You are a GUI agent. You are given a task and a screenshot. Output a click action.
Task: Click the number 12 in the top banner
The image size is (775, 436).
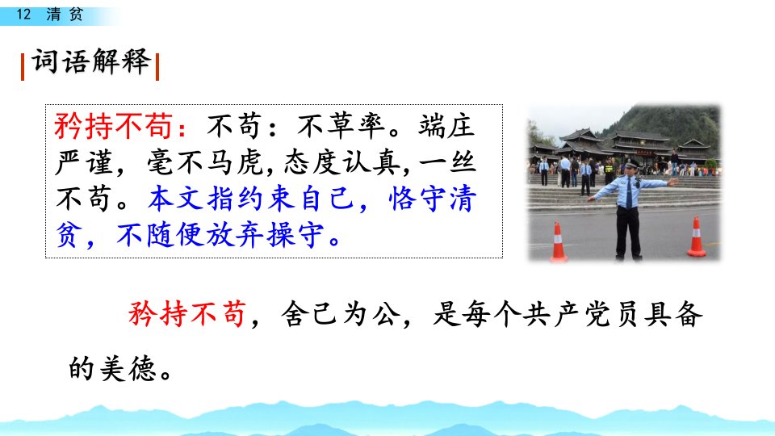pos(23,14)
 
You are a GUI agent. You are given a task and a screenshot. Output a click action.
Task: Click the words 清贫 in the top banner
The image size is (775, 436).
pos(65,14)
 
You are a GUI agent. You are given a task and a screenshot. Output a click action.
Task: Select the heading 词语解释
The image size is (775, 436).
pos(91,62)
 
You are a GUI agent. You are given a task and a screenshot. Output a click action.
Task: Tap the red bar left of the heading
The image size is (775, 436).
pos(23,67)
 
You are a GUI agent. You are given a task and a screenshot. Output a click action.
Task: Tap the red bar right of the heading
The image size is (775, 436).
pos(157,67)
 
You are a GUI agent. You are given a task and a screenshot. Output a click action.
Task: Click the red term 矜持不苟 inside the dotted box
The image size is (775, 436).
pos(113,126)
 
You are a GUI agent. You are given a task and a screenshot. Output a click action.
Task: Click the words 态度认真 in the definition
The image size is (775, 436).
pos(342,162)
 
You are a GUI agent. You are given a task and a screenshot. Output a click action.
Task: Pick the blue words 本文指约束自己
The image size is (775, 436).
pos(250,199)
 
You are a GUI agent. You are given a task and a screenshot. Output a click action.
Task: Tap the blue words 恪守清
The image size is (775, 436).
pos(433,199)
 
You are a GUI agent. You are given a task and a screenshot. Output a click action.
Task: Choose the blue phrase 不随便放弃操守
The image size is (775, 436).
pos(220,235)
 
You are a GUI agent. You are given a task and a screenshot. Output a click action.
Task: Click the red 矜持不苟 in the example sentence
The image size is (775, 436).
pos(186,313)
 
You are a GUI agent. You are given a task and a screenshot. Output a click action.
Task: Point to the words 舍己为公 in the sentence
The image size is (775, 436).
pos(340,313)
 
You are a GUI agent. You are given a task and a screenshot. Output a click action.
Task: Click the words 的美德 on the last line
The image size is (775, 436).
pos(113,368)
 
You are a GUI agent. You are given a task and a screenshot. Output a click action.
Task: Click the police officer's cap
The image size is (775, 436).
pos(631,163)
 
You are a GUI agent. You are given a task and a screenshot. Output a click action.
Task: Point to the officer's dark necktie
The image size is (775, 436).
pos(629,192)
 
